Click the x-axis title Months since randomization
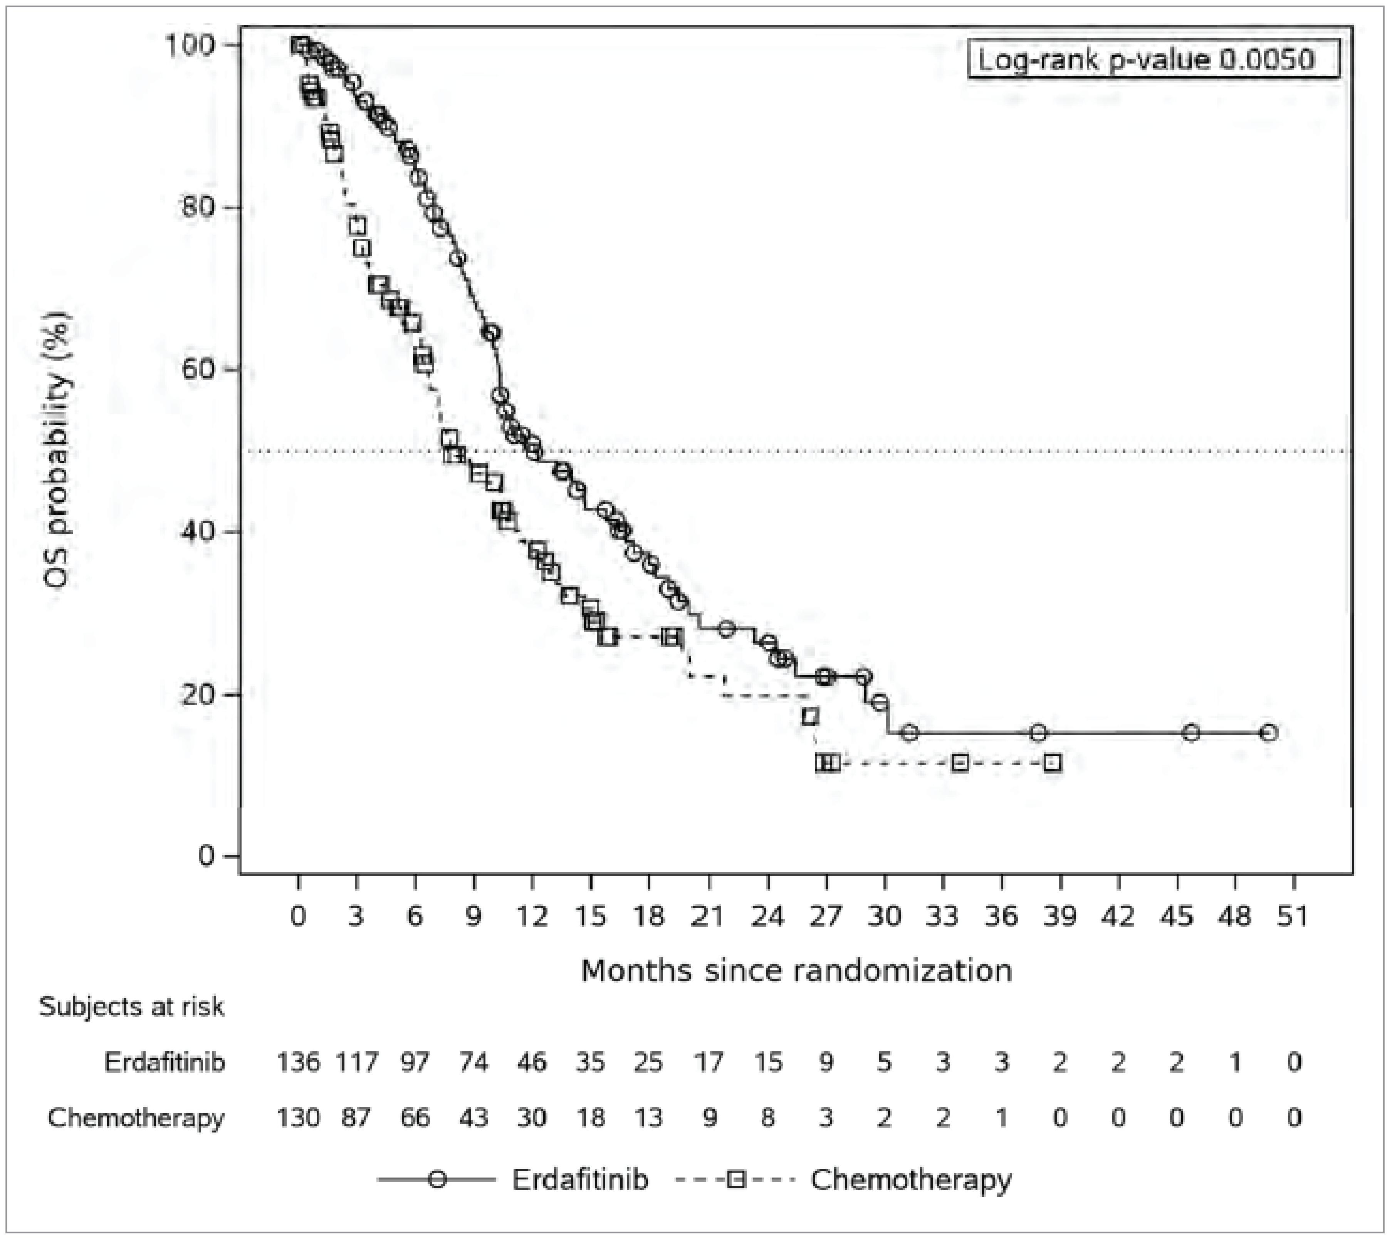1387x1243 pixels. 796,970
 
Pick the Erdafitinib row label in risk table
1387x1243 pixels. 165,1063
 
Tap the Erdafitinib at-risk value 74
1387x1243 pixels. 474,1063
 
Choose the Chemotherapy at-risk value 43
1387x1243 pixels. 474,1118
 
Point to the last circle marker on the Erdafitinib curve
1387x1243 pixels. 1269,733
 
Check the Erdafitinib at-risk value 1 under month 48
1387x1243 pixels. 1235,1063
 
